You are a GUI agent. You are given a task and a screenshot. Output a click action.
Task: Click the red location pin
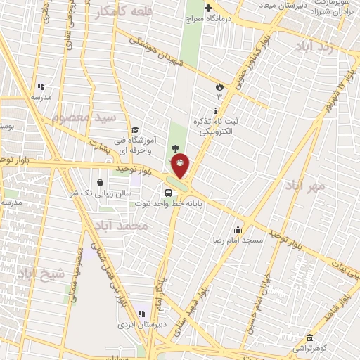(181, 165)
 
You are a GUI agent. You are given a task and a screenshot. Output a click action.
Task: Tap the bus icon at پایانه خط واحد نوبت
(168, 193)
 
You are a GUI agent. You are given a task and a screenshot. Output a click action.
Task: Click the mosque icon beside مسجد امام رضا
(238, 229)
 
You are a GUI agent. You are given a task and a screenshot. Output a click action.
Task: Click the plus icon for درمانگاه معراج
(208, 8)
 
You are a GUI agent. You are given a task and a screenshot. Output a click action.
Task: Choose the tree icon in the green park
(175, 146)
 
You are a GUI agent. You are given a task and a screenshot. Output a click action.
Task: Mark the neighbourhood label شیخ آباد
(41, 272)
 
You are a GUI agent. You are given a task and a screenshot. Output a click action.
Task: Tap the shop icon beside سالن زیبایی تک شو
(110, 181)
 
